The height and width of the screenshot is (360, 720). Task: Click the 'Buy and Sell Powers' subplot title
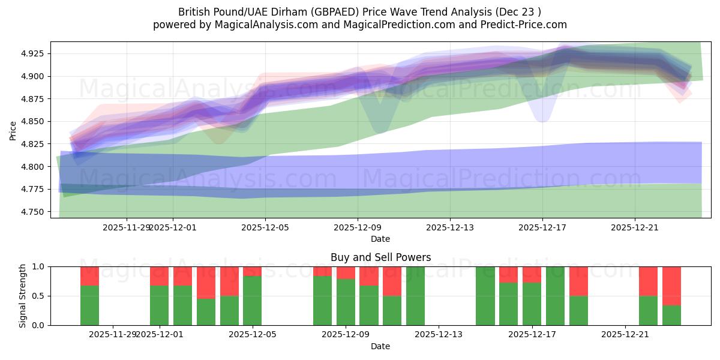click(x=380, y=257)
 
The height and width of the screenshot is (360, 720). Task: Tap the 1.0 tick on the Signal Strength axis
click(x=38, y=267)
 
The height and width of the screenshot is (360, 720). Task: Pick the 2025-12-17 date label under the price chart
click(x=542, y=227)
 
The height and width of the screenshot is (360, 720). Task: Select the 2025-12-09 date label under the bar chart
click(x=346, y=334)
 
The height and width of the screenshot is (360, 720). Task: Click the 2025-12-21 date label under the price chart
click(x=635, y=227)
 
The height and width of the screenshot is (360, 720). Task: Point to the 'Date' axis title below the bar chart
click(x=380, y=346)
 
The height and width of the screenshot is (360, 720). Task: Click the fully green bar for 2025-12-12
click(x=415, y=296)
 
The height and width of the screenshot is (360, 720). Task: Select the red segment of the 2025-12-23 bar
click(x=671, y=286)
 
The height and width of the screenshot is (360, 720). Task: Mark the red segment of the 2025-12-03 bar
click(x=206, y=282)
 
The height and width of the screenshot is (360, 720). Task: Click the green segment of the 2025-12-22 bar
click(x=648, y=310)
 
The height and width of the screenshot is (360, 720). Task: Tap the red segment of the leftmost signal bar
click(x=89, y=276)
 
